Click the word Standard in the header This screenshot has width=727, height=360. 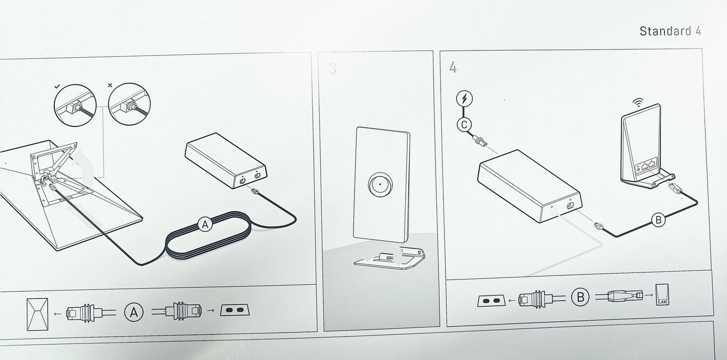pos(665,31)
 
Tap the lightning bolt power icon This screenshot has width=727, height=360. pos(464,99)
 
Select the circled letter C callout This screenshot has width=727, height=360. pos(464,125)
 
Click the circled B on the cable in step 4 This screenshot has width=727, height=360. pos(659,220)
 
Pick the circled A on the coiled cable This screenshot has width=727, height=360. pos(205,225)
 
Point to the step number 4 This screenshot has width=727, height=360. pos(453,68)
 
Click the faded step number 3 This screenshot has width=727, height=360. pos(332,68)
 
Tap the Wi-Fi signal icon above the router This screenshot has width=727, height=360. pos(638,103)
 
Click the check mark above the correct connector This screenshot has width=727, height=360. pos(58,87)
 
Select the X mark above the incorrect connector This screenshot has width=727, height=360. pos(110,85)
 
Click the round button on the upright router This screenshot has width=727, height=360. pos(380,185)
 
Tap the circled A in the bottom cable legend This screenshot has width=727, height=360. pos(134,312)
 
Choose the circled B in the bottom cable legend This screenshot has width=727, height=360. pos(580,297)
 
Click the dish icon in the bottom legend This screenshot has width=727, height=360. pos(37,315)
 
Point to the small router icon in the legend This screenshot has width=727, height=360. pos(662,295)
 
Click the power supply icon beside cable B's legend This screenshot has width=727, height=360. pos(491,301)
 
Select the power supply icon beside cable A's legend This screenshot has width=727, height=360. pos(235,310)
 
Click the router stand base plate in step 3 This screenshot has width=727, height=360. pos(390,258)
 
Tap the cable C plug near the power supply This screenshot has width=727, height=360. pos(479,141)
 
